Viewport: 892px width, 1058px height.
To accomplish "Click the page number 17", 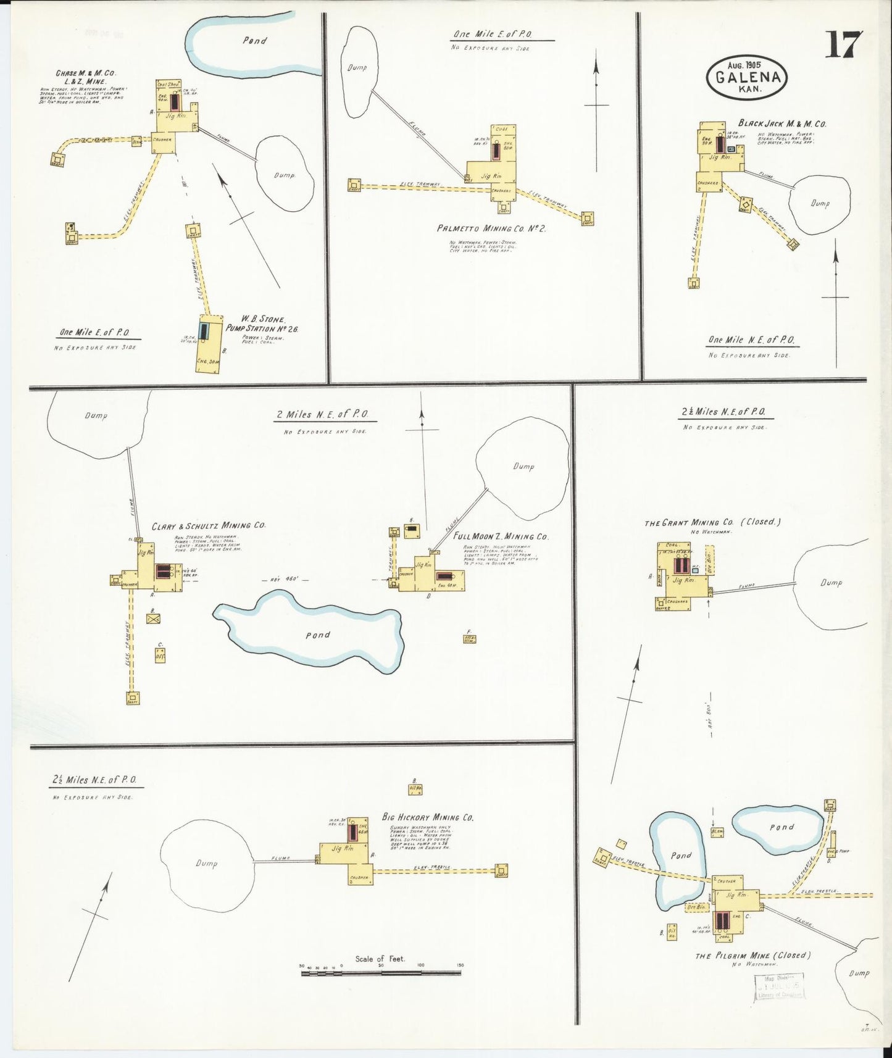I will click(844, 45).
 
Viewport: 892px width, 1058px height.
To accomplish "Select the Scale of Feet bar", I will click(381, 973).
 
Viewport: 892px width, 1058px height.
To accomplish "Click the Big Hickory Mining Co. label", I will click(428, 817).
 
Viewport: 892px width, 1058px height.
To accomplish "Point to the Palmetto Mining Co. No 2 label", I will click(491, 228).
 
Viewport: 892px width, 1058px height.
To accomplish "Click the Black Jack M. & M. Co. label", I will click(782, 123).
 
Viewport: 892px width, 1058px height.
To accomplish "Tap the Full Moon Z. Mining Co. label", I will click(501, 536).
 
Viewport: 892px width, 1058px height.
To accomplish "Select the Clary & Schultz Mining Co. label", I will click(209, 526).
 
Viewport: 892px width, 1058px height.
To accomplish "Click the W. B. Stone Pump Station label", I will click(262, 324).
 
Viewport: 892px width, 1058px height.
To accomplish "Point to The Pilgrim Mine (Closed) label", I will click(752, 956).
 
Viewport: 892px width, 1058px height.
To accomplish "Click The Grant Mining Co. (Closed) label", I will click(712, 522).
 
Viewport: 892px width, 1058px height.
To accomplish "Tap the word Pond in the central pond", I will click(318, 635).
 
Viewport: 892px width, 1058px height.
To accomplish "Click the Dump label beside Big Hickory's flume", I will click(206, 864).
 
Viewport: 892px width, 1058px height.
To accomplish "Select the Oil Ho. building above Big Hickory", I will click(415, 788).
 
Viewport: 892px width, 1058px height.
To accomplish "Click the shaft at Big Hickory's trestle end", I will click(501, 870).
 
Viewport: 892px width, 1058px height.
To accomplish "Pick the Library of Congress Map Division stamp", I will click(778, 986).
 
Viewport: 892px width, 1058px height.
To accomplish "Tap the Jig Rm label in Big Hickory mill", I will click(341, 849).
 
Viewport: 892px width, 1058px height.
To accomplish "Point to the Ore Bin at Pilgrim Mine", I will click(696, 907).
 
